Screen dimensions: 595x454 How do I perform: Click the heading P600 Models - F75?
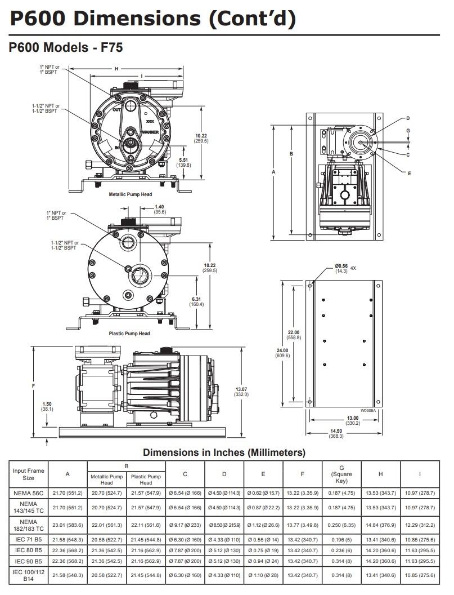coord(66,48)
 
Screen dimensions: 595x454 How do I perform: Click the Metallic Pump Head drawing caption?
coord(130,194)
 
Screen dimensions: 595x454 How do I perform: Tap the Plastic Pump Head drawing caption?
coord(129,334)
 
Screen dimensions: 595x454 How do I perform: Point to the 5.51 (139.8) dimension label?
coord(183,162)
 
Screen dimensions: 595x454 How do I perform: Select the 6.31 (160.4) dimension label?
coord(197,301)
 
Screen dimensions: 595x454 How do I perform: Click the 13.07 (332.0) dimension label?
coord(241,392)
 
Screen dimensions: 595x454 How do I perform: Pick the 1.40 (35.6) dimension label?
coord(160,210)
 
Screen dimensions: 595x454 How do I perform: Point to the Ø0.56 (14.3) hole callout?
coord(341,268)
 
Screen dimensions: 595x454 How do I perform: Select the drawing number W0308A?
coord(368,411)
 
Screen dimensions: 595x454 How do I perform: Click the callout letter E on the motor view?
coord(409,173)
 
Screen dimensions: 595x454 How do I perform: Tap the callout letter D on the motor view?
coord(408,118)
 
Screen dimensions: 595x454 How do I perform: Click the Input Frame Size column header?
coord(28,474)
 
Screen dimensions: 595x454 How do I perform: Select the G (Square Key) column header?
coord(341,474)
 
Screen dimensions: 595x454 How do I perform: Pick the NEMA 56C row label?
coord(28,492)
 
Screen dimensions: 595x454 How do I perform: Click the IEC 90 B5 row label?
coord(28,561)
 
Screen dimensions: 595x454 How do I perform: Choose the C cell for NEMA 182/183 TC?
coord(185,525)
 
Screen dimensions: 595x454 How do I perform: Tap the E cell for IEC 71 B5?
coord(263,539)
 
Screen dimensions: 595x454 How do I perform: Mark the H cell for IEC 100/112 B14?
coord(380,575)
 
